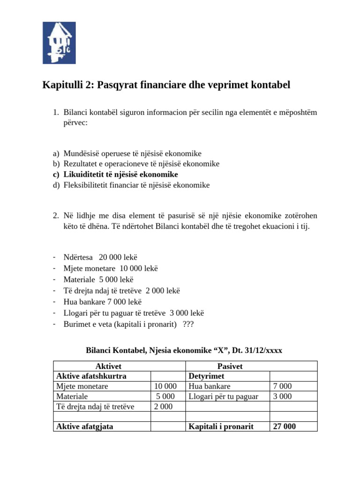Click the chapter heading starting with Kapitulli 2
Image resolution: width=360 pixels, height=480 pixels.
(x=166, y=85)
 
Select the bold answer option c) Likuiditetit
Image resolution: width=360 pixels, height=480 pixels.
(x=118, y=174)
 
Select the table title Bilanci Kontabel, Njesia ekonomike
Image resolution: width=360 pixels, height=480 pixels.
(x=184, y=350)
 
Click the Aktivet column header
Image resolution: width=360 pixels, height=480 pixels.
(x=108, y=366)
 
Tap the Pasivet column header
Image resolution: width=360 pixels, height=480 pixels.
(x=230, y=366)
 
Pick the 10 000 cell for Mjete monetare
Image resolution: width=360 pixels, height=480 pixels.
(x=165, y=386)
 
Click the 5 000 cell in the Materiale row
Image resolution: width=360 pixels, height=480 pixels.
(x=165, y=397)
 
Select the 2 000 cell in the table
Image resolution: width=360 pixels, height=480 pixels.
(x=163, y=406)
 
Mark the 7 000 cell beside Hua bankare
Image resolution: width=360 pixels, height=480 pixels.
(x=282, y=386)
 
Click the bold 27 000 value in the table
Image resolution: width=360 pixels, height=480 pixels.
(x=284, y=427)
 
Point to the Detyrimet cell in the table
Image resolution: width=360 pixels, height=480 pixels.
(x=206, y=376)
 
